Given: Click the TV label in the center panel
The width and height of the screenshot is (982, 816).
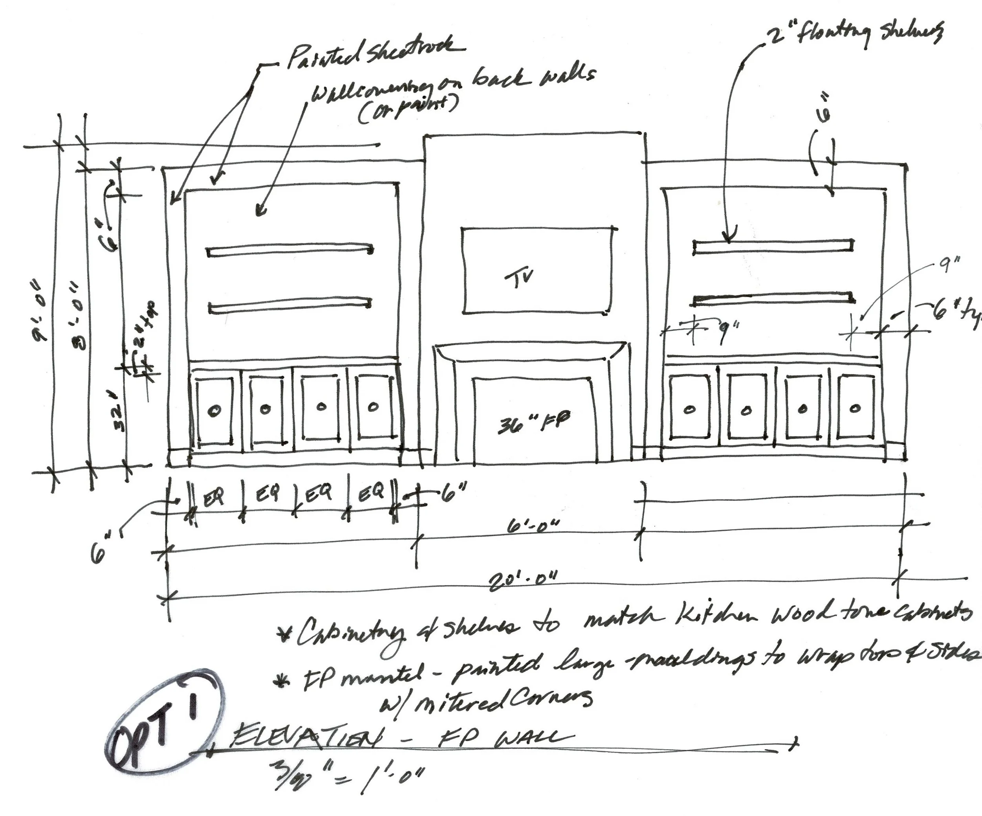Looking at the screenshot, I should (x=520, y=279).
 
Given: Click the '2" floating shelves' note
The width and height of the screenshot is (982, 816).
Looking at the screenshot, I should (x=856, y=34).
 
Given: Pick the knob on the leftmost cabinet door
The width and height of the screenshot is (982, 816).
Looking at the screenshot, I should (x=214, y=410).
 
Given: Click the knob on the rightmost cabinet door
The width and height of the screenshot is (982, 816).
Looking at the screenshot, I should (x=855, y=408).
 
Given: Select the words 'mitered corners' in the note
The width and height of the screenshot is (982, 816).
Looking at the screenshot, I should (x=486, y=700).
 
